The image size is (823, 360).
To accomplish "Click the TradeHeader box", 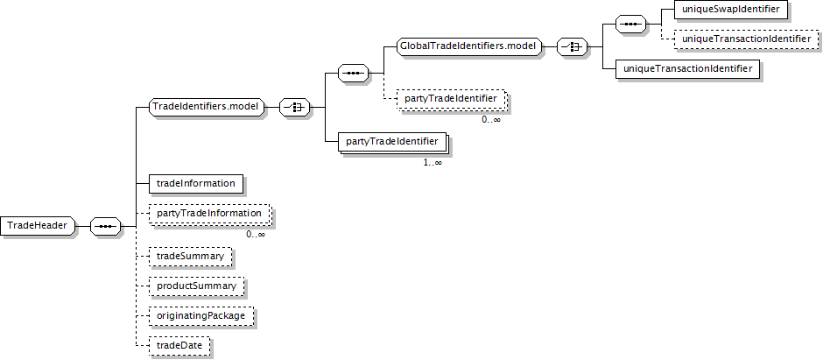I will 39,226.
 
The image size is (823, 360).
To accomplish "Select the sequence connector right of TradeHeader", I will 106,226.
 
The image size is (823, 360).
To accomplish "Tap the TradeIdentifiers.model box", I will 207,107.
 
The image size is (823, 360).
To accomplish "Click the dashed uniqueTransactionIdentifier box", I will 745,39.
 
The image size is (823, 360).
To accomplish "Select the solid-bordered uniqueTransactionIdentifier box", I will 686,68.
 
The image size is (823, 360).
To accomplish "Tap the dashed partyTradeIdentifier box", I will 450,99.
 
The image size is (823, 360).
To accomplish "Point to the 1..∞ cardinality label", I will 433,162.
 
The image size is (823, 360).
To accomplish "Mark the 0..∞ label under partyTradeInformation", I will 255,234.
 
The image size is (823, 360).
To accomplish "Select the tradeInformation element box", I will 194,183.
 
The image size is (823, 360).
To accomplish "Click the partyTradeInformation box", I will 208,214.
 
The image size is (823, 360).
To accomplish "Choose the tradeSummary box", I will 189,256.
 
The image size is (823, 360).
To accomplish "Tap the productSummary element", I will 195,286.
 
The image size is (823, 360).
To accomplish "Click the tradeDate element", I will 179,346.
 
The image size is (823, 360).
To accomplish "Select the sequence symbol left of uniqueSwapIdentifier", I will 630,24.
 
